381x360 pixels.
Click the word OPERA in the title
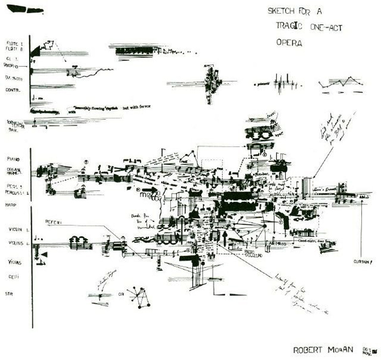point(289,43)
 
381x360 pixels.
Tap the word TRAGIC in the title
point(289,27)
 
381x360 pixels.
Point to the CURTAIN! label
point(362,262)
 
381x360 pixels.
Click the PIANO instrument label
point(14,159)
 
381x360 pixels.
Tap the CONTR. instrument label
point(12,90)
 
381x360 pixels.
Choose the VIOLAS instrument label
point(15,262)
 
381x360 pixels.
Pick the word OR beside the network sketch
point(121,294)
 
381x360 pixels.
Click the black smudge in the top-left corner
point(24,9)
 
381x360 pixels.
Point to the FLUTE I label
point(15,43)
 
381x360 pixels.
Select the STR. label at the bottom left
point(8,294)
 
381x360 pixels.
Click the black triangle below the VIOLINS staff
point(44,255)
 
